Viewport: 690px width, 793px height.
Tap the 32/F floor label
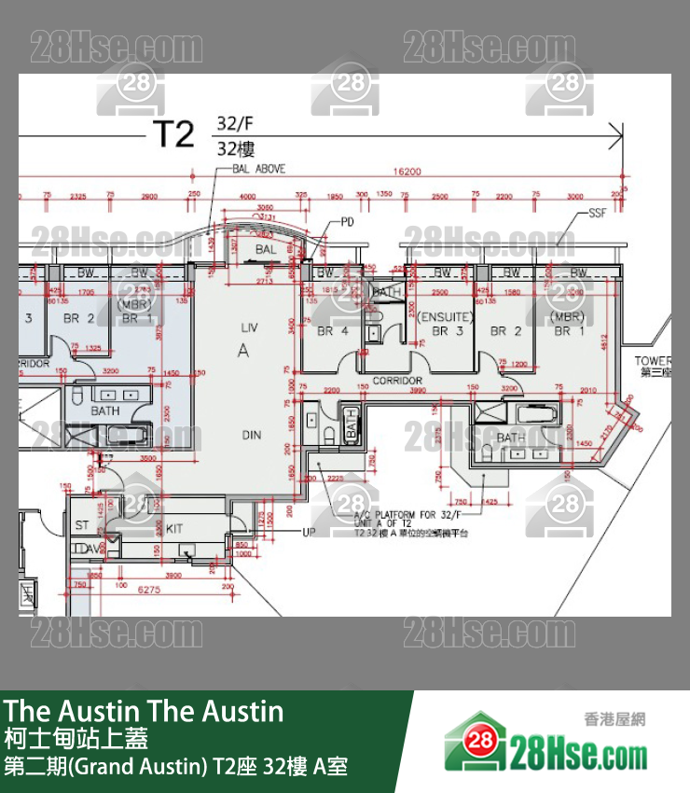235,123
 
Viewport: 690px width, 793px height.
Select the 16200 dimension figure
407,172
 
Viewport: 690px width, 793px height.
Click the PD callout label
347,222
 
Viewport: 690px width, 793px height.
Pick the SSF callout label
597,214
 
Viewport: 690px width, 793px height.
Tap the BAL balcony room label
266,250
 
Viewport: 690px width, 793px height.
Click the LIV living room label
249,327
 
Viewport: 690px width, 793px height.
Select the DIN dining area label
252,435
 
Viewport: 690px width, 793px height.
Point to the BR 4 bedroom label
332,331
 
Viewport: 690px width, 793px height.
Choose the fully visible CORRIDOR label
397,381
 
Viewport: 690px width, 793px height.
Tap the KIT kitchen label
174,528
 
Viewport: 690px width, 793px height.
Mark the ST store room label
82,526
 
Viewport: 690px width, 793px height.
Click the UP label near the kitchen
309,532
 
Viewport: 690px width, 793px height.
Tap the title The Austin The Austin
144,711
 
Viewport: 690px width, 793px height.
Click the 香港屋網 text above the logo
614,719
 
